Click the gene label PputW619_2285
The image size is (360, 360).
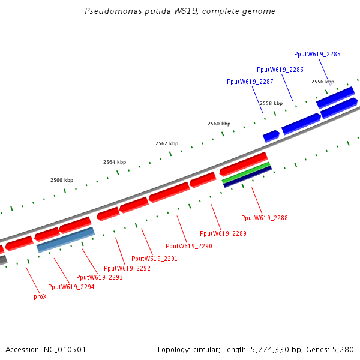coord(317,54)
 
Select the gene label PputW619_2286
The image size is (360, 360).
coord(280,70)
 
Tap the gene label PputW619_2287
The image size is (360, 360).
coord(250,82)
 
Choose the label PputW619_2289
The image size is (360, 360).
coord(223,233)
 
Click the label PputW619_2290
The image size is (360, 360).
coord(188,246)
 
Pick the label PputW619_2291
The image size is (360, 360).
coord(154,259)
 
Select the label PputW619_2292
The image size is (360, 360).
coord(127,268)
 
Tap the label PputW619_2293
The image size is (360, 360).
coord(99,277)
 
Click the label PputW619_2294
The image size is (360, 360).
coord(71,287)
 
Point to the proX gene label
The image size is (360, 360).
coord(40,296)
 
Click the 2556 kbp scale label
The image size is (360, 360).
coord(322,82)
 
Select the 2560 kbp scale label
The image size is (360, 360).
coord(219,124)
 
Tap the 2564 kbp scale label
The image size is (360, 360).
coord(115,162)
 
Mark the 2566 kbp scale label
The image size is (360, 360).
coord(62,180)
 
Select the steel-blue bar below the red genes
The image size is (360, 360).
coord(65,239)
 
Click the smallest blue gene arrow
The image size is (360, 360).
coord(271,136)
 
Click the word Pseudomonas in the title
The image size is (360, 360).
coord(107,11)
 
